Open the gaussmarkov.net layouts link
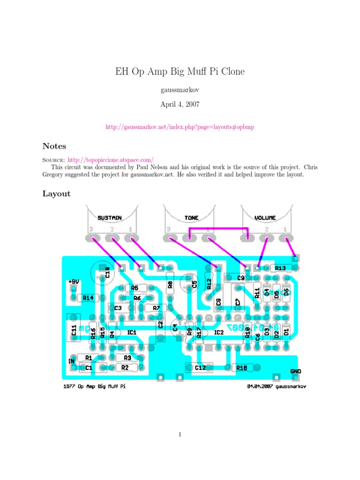tap(180, 127)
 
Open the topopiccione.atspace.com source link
tap(111, 159)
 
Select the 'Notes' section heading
tap(54, 146)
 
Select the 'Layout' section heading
tap(57, 194)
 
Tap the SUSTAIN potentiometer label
tap(110, 217)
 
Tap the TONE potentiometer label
tap(191, 217)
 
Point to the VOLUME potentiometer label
tap(265, 217)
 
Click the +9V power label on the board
tap(73, 282)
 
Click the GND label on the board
tap(295, 371)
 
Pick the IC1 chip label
tap(132, 333)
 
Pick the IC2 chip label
tap(219, 333)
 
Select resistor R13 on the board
tap(280, 268)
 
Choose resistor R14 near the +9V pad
tap(88, 298)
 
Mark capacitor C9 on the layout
tap(241, 278)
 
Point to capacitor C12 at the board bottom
tap(200, 368)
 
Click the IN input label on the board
tap(71, 361)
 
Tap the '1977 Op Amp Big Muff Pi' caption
tap(94, 387)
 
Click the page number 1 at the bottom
tap(180, 435)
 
